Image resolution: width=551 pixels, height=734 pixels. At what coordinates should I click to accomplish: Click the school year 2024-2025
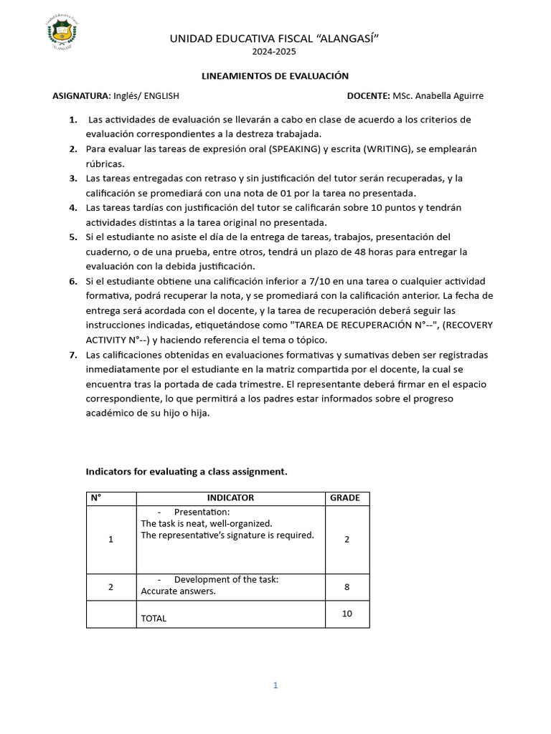[273, 52]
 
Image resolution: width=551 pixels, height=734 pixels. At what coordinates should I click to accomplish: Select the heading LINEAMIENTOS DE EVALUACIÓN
[273, 76]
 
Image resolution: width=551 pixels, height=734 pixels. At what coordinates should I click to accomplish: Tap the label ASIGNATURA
[81, 95]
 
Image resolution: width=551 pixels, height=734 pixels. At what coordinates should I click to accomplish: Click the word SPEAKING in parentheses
[296, 149]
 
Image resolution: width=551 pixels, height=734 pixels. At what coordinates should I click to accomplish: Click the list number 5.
[73, 237]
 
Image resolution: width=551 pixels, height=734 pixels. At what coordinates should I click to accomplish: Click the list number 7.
[73, 355]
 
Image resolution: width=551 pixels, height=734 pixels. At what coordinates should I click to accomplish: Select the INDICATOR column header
[230, 497]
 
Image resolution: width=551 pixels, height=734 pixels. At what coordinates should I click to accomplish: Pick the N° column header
[95, 497]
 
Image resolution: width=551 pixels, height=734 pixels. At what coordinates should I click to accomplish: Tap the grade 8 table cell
[347, 586]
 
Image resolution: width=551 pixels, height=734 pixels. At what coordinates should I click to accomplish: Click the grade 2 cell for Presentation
[347, 539]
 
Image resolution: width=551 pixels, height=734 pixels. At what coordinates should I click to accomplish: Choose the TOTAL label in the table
[154, 618]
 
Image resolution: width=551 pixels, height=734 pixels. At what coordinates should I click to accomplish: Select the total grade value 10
[347, 614]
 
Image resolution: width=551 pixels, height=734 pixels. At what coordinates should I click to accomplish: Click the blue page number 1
[275, 685]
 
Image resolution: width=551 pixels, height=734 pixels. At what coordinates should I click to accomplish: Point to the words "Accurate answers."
[178, 591]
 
